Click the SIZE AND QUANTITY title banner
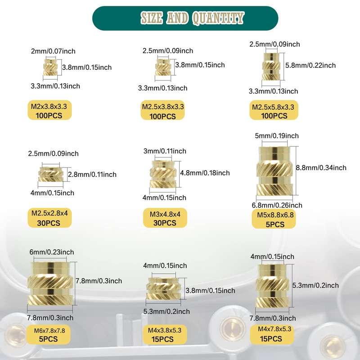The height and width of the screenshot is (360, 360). (x=185, y=18)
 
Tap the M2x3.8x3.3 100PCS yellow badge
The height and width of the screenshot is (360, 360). (x=49, y=110)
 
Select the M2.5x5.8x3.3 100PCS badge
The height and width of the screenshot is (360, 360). (x=274, y=110)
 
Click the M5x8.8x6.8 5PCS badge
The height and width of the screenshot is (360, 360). (x=274, y=219)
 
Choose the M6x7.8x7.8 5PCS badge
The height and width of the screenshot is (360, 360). (x=49, y=334)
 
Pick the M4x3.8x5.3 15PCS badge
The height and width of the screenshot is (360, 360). (x=165, y=334)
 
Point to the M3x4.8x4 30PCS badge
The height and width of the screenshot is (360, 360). (x=165, y=218)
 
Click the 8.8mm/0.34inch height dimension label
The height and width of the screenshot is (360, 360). (x=321, y=167)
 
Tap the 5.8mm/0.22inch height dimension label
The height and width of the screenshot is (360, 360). (x=310, y=65)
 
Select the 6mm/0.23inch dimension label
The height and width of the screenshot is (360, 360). (x=52, y=252)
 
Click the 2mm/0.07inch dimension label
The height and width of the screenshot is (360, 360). (x=53, y=51)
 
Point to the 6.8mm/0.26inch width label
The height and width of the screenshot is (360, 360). (x=277, y=205)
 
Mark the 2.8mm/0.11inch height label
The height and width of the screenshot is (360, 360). (x=92, y=175)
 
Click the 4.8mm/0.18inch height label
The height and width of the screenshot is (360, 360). (x=205, y=173)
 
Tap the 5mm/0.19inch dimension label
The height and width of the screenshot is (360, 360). (x=277, y=136)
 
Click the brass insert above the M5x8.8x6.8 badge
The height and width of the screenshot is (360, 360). (x=274, y=171)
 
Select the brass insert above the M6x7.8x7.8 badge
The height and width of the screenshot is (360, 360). (x=50, y=284)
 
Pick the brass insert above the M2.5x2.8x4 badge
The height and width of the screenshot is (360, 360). (x=51, y=175)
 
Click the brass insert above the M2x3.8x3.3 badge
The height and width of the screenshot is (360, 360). (x=50, y=67)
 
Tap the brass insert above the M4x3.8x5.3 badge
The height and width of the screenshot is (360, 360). (x=163, y=288)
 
